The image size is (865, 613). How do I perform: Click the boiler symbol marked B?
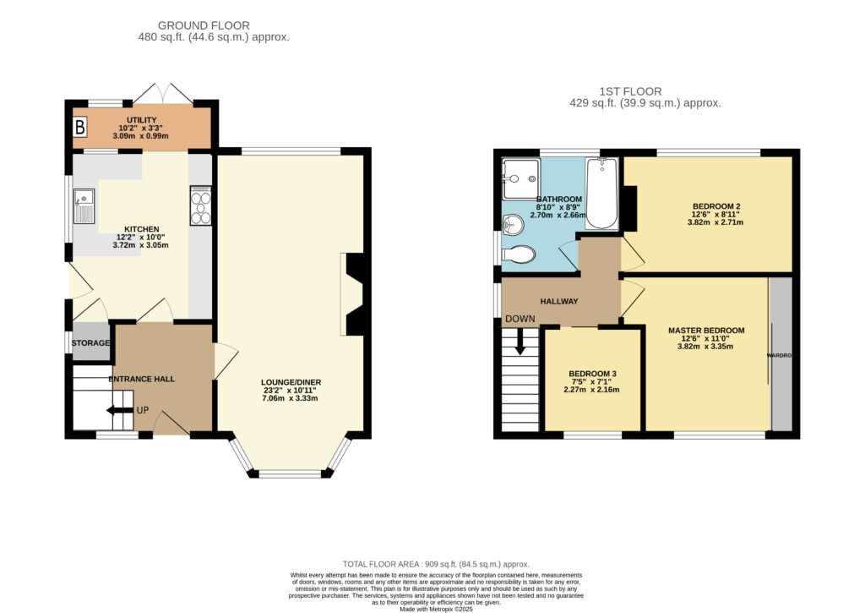80,128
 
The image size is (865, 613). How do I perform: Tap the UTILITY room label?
142,120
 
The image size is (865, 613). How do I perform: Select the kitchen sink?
84,206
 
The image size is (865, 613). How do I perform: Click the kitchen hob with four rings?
201,205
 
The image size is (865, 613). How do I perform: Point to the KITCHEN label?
142,229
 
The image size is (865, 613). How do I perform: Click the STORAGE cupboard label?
90,343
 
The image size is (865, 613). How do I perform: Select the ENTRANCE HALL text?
142,379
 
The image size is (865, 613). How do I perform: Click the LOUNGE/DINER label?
291,382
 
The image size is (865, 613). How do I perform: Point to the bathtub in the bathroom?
601,194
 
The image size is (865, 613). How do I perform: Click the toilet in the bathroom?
519,254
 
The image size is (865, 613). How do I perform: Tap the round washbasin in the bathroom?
514,224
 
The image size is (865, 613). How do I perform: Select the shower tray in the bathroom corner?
520,179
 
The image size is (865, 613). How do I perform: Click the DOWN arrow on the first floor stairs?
520,342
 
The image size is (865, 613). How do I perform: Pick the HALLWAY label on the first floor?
559,302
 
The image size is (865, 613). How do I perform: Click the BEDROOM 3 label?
592,374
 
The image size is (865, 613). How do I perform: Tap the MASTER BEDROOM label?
706,331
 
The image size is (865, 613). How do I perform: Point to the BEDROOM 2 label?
716,206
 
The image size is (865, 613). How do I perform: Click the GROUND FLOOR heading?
204,25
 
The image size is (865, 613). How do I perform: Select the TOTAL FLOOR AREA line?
436,565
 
